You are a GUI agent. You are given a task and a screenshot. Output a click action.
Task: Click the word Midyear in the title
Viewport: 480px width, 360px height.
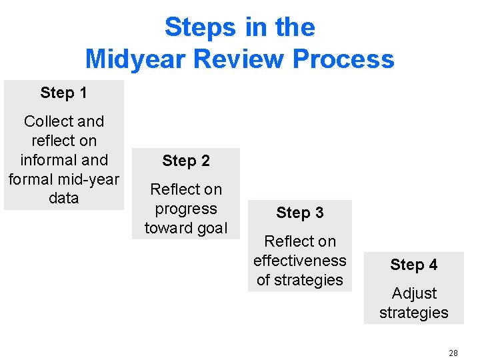[x=135, y=59]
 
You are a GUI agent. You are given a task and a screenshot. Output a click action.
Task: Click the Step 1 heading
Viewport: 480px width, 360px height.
[x=63, y=93]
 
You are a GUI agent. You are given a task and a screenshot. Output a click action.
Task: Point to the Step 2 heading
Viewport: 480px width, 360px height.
[x=185, y=161]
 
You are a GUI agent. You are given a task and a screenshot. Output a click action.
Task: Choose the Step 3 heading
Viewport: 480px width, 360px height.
[x=299, y=213]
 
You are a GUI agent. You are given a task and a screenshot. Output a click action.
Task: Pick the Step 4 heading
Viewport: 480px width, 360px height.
[x=413, y=265]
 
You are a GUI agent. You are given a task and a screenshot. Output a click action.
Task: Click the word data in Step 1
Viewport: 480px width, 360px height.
[x=63, y=198]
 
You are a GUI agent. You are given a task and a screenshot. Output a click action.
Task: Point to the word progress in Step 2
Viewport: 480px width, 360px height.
[x=185, y=209]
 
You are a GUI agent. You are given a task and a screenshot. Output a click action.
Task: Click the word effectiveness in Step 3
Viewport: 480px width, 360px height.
[x=299, y=261]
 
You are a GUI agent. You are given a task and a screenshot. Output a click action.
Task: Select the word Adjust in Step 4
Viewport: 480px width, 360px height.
[x=414, y=293]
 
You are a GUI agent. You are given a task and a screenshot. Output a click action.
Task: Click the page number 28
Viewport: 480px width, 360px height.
[x=453, y=353]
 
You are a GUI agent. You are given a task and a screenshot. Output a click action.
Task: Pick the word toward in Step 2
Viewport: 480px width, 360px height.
[x=165, y=228]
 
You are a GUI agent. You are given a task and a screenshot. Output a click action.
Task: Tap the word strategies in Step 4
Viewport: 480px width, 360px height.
[x=413, y=313]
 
